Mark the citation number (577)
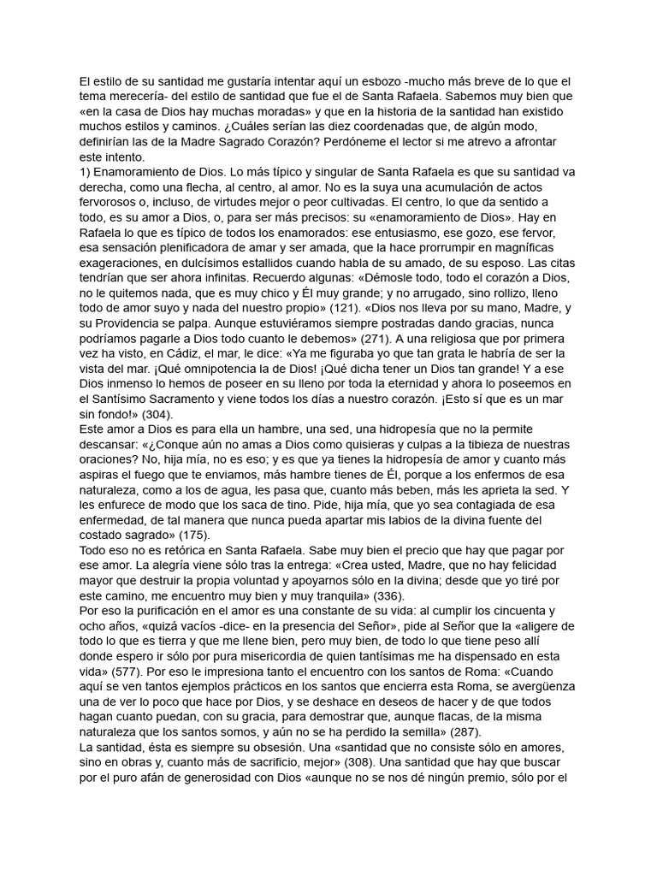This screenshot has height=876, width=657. pos(130,671)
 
